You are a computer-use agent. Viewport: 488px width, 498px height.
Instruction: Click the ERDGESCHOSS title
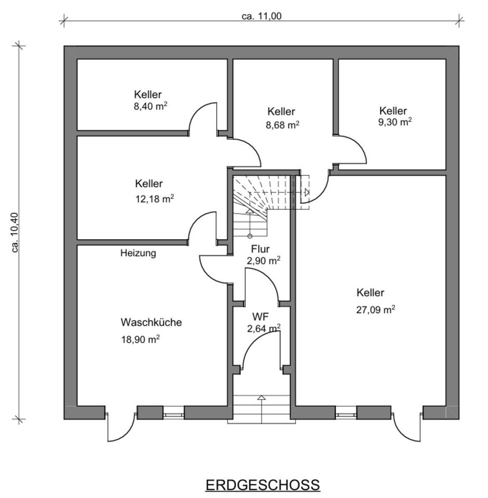263,485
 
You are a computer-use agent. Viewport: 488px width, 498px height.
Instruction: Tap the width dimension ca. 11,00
262,16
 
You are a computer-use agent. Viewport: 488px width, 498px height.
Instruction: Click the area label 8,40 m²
150,106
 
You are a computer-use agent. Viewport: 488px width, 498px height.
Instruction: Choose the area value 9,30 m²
395,122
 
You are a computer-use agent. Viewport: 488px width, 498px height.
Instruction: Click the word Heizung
138,254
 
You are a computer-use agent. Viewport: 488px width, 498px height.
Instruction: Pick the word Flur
260,249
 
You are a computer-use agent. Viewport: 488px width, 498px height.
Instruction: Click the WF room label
260,316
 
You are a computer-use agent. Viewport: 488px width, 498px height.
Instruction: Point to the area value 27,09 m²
375,310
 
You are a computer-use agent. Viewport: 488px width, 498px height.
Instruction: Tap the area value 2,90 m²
264,261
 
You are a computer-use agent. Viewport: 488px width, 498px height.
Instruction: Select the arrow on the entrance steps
262,398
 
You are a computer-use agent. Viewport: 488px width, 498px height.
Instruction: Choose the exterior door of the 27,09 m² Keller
406,428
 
